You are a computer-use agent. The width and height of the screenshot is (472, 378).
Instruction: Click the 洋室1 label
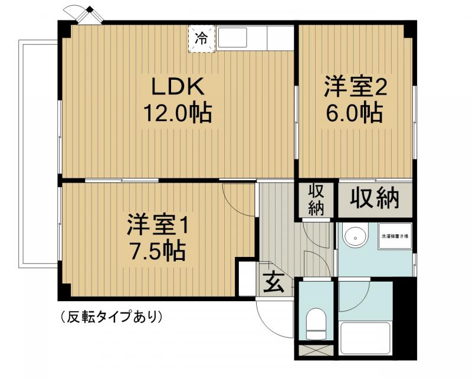pyautogui.click(x=158, y=226)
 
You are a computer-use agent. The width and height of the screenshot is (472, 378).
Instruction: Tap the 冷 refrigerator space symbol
pyautogui.click(x=202, y=39)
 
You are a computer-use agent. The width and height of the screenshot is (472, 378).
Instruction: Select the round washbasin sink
pyautogui.click(x=355, y=237)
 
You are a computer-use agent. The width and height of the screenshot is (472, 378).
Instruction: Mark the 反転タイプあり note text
pyautogui.click(x=112, y=317)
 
